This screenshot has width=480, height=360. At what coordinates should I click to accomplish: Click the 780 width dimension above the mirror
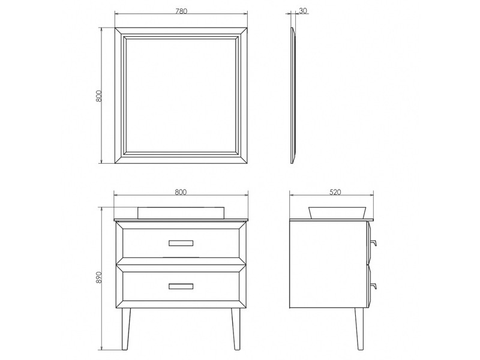pyautogui.click(x=181, y=11)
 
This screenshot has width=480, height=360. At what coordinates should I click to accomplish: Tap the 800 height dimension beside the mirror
pyautogui.click(x=98, y=96)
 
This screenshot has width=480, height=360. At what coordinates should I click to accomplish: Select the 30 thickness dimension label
pyautogui.click(x=303, y=11)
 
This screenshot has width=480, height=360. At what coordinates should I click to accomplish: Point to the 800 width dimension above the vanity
pyautogui.click(x=181, y=192)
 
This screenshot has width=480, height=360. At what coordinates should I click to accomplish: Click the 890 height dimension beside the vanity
pyautogui.click(x=98, y=277)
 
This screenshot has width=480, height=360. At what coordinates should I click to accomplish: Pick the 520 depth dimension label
pyautogui.click(x=335, y=192)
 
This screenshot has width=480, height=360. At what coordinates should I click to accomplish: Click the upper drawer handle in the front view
pyautogui.click(x=181, y=243)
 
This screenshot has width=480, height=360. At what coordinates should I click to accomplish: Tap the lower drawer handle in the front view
pyautogui.click(x=181, y=286)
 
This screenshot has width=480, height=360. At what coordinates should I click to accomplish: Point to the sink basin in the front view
pyautogui.click(x=181, y=213)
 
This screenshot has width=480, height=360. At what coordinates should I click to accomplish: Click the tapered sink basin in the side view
pyautogui.click(x=337, y=213)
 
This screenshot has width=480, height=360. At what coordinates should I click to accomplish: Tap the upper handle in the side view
pyautogui.click(x=373, y=243)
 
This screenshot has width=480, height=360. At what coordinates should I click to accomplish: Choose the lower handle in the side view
pyautogui.click(x=373, y=286)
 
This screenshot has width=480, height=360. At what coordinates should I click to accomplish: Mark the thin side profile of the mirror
pyautogui.click(x=293, y=95)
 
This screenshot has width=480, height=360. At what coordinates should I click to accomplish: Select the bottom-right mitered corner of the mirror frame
pyautogui.click(x=242, y=158)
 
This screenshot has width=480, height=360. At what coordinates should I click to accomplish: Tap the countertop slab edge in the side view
pyautogui.click(x=332, y=220)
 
